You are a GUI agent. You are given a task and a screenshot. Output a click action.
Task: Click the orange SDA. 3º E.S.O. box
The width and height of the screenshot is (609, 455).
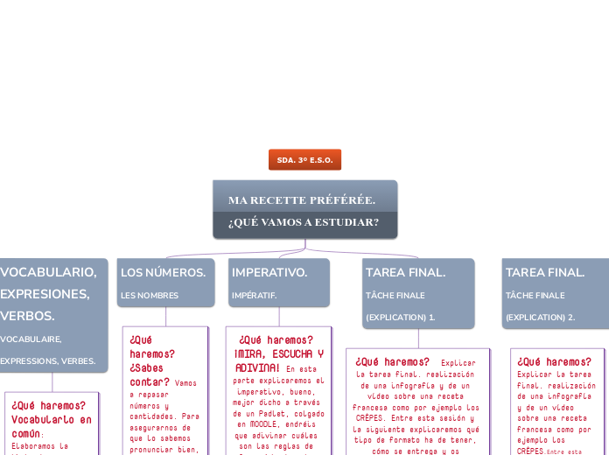(x=304, y=160)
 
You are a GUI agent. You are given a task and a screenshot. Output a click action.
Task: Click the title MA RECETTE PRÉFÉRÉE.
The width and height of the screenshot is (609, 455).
(x=302, y=200)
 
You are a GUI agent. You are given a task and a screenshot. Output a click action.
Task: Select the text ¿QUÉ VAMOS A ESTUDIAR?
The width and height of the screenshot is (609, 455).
(x=304, y=222)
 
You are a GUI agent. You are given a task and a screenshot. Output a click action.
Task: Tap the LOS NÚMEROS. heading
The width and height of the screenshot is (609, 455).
(x=164, y=273)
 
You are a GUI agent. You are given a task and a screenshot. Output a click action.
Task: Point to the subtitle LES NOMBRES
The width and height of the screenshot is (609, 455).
(x=150, y=296)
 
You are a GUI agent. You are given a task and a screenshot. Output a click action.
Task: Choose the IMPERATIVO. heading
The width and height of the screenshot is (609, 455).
(x=269, y=273)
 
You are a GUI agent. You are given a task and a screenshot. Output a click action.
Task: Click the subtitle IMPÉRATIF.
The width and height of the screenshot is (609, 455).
(x=254, y=296)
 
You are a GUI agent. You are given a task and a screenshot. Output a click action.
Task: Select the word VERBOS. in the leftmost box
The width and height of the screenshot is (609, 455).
(x=28, y=316)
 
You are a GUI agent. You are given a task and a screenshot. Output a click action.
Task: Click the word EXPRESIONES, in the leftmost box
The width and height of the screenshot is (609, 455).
(x=45, y=294)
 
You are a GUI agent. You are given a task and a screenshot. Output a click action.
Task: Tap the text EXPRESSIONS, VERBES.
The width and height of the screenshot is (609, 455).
(x=48, y=360)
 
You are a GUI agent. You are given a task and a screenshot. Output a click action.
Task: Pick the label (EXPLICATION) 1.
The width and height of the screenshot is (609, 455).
(x=400, y=317)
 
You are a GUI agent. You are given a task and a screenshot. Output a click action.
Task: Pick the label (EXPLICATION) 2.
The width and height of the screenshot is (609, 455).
(x=540, y=317)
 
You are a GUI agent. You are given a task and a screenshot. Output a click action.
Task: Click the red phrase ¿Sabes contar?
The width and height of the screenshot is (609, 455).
(x=150, y=375)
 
